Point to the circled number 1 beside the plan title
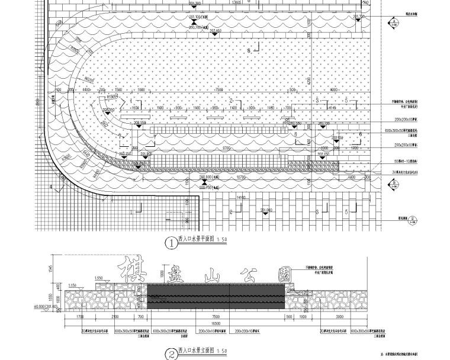tap(172, 242)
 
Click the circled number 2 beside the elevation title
tap(171, 353)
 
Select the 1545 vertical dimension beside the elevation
tap(52, 270)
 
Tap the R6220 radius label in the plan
tap(89, 78)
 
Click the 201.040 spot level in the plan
tap(265, 210)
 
